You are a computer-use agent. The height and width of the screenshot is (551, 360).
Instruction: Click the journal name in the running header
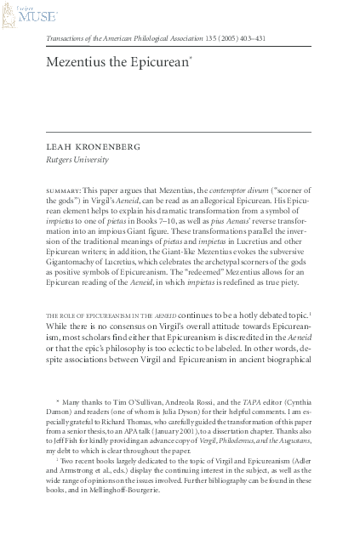point(127,39)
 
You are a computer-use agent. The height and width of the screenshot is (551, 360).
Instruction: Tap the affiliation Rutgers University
point(78,159)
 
